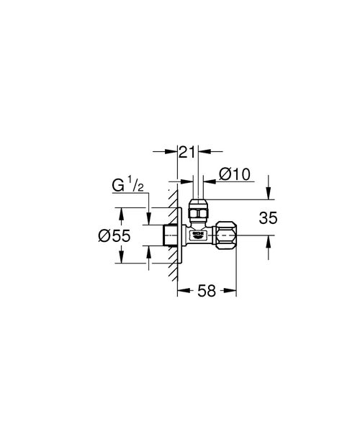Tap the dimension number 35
(267, 217)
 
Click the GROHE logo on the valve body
(196, 234)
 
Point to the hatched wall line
(174, 238)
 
